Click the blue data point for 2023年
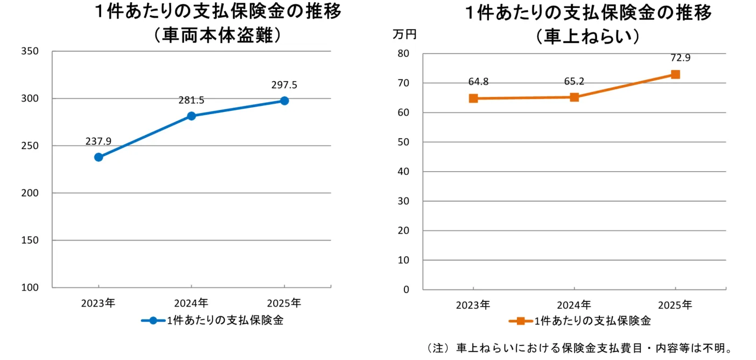tap(99, 157)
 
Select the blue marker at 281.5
tap(191, 116)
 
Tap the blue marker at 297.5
tap(284, 101)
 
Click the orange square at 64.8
tap(473, 98)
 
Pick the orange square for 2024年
tap(575, 97)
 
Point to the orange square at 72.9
tap(675, 75)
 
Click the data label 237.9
tap(98, 141)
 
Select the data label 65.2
tap(574, 81)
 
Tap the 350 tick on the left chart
tap(30, 51)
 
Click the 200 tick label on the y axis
tap(30, 193)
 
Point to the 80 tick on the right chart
tap(403, 53)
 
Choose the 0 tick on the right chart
tap(407, 290)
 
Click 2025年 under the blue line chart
tap(284, 303)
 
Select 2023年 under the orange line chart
tap(473, 305)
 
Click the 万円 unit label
tap(405, 34)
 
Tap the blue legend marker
tap(153, 321)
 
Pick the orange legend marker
tap(521, 321)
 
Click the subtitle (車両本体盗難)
tap(218, 36)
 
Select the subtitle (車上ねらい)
tap(588, 37)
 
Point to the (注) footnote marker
tap(438, 348)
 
